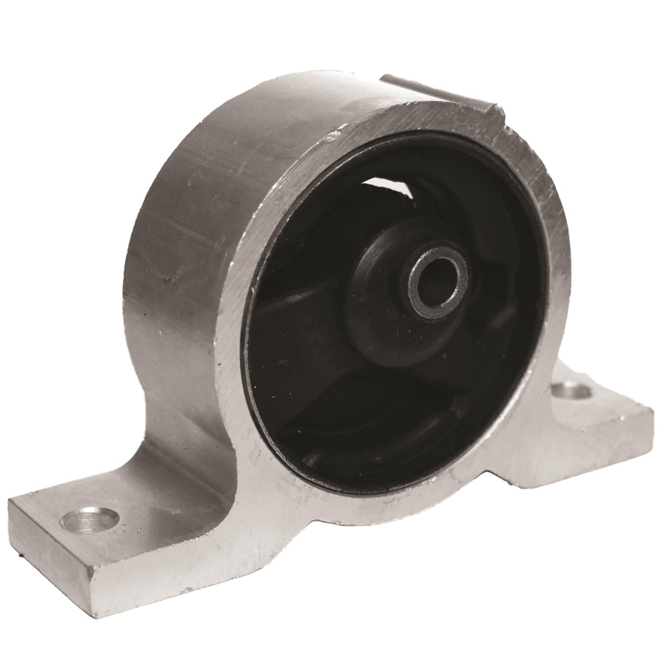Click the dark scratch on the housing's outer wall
click(x=169, y=280)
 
